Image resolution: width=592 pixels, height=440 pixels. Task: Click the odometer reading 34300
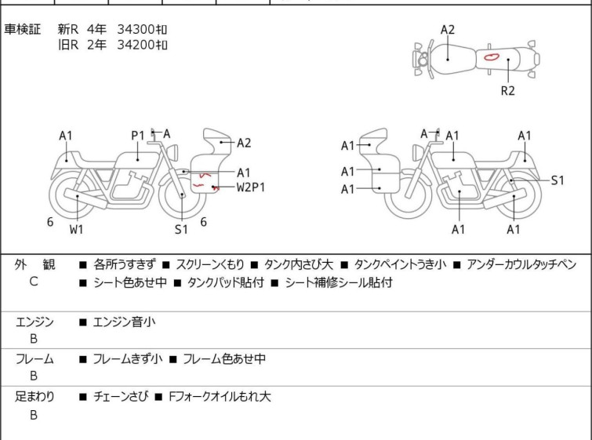pyautogui.click(x=136, y=29)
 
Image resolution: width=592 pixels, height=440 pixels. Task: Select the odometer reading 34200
pyautogui.click(x=136, y=45)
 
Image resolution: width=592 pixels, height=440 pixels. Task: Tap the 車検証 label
pyautogui.click(x=22, y=29)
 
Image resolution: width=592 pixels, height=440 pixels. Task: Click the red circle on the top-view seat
pyautogui.click(x=492, y=57)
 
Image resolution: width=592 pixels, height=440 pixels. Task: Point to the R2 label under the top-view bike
pyautogui.click(x=508, y=91)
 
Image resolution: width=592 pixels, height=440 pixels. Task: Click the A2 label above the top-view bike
pyautogui.click(x=448, y=30)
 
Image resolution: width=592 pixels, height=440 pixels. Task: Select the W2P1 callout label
pyautogui.click(x=251, y=187)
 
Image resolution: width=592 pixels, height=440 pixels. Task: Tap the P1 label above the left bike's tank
pyautogui.click(x=138, y=135)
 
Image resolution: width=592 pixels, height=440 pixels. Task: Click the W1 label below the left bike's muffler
pyautogui.click(x=77, y=229)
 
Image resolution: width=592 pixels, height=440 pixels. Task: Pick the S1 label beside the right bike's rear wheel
pyautogui.click(x=557, y=180)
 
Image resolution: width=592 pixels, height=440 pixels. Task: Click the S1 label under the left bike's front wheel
pyautogui.click(x=181, y=229)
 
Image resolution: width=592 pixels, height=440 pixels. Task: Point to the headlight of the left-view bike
pyautogui.click(x=173, y=153)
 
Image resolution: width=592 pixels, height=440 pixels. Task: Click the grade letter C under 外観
pyautogui.click(x=34, y=282)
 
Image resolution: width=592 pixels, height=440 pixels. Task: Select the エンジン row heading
pyautogui.click(x=35, y=322)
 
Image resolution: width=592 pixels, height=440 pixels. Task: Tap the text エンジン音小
pyautogui.click(x=124, y=322)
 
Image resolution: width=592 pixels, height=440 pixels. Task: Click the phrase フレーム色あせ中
pyautogui.click(x=224, y=358)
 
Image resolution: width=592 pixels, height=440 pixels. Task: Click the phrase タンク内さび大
pyautogui.click(x=299, y=264)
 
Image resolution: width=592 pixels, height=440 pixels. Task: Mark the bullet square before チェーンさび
pyautogui.click(x=83, y=397)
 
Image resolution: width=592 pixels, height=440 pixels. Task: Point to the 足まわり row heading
pyautogui.click(x=35, y=396)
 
